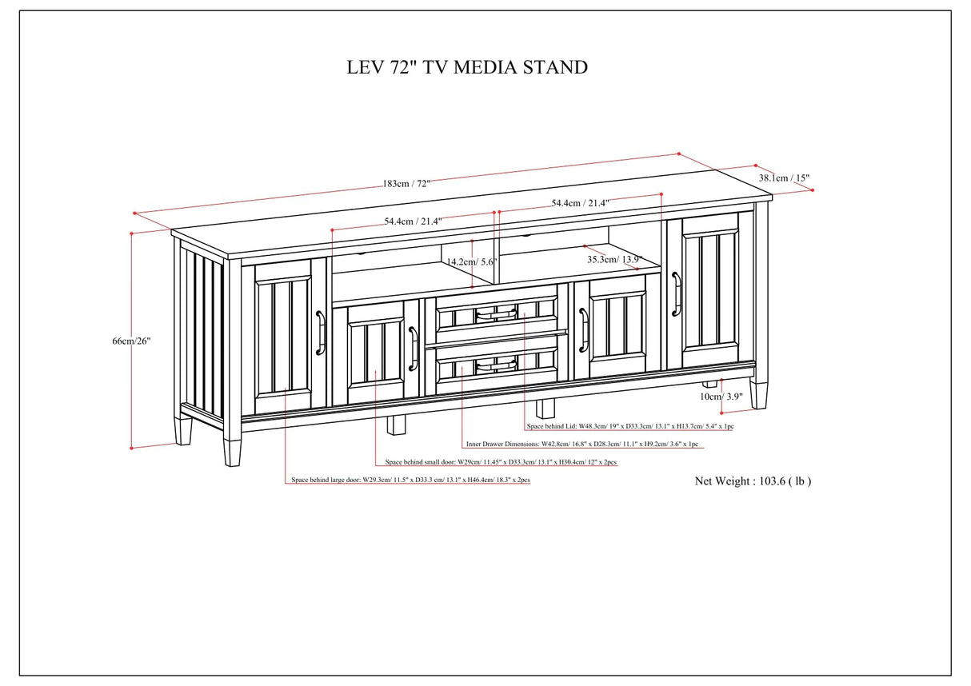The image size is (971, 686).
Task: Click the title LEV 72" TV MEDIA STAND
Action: (x=467, y=67)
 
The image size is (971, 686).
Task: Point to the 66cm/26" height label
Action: (x=131, y=341)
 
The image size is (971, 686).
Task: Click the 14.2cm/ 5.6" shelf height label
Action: (x=473, y=261)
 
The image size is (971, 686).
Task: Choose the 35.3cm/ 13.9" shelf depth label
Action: (x=614, y=259)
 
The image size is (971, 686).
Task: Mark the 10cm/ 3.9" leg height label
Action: (x=721, y=397)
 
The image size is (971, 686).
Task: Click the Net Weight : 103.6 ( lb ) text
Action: (x=753, y=481)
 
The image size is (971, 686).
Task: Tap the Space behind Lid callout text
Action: (x=630, y=427)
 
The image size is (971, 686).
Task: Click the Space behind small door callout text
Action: (x=501, y=462)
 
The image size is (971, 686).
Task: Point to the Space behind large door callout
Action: (x=410, y=481)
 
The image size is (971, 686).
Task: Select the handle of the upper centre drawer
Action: (x=496, y=315)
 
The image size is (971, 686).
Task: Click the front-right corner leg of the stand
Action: (x=758, y=393)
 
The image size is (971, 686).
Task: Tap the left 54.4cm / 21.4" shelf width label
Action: (x=413, y=221)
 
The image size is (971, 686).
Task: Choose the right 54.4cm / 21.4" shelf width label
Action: (x=580, y=204)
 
